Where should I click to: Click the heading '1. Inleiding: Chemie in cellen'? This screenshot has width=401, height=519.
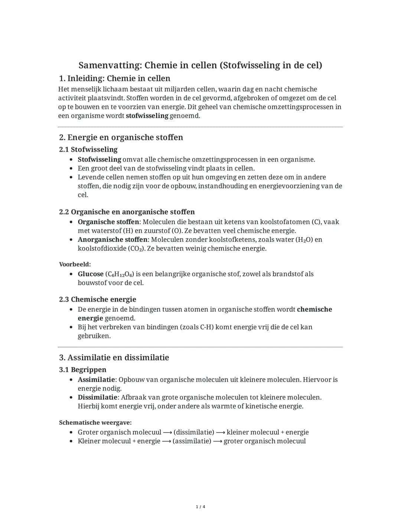click(114, 78)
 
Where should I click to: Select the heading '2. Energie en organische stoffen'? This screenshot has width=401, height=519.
click(121, 137)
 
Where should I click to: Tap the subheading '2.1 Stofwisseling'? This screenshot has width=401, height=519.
click(88, 149)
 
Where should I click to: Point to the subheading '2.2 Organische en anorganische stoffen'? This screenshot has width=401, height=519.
click(127, 212)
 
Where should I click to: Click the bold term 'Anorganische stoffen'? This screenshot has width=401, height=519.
click(113, 240)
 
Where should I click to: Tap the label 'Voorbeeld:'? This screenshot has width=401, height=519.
click(75, 265)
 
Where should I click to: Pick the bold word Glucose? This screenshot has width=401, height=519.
click(91, 274)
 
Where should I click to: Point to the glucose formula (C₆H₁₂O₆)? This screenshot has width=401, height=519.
click(120, 274)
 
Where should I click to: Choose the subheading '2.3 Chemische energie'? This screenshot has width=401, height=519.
click(97, 299)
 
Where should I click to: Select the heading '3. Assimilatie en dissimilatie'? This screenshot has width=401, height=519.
click(114, 358)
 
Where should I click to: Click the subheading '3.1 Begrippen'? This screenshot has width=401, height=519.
click(82, 370)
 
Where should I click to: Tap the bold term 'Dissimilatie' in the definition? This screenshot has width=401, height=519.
click(97, 398)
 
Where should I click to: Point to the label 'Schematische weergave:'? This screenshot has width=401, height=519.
click(95, 423)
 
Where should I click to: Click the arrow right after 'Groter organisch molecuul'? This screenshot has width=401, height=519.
click(167, 432)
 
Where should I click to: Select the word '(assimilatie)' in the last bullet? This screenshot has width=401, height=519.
click(192, 441)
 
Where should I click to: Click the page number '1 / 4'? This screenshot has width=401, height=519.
click(200, 507)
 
